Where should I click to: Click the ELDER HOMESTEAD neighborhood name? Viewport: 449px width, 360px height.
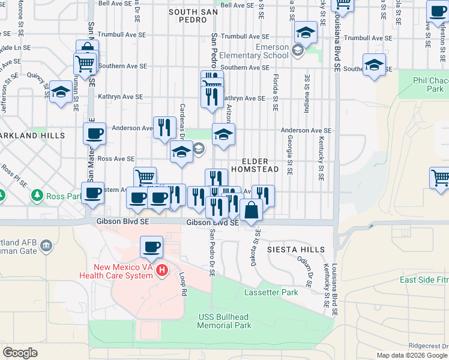261,166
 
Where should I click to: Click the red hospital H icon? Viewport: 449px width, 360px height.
161,271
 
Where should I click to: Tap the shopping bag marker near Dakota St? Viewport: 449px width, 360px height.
252,210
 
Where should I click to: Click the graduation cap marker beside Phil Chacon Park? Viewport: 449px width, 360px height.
374,65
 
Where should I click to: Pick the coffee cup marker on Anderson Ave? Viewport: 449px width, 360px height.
94,134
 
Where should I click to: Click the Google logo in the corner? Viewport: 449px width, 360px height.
20,353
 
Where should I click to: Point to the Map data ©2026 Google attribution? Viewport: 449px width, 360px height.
411,355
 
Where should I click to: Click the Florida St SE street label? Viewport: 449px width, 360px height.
276,93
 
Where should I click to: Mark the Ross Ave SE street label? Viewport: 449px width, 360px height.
115,159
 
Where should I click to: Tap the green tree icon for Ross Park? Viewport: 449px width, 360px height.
38,196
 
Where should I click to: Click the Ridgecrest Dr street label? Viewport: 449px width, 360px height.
429,346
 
